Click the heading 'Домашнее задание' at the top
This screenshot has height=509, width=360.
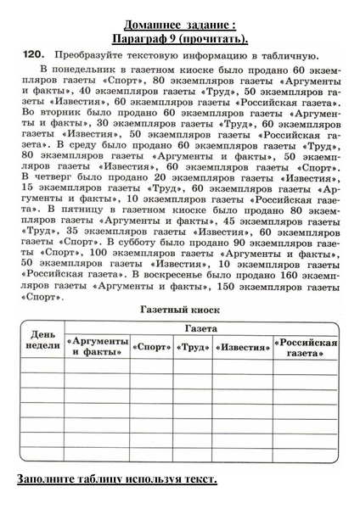[x=180, y=24]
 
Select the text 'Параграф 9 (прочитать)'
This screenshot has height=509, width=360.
[x=180, y=38]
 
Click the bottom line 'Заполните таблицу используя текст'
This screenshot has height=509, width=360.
[x=117, y=480]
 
